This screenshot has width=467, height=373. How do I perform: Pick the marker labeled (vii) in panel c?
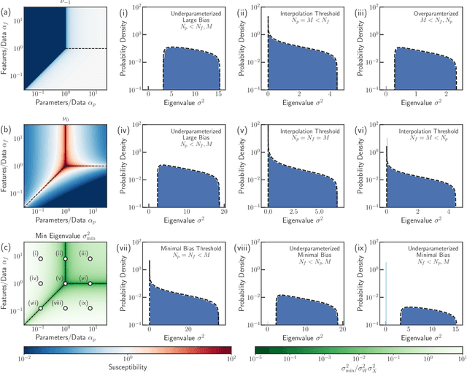tap(41, 308)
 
